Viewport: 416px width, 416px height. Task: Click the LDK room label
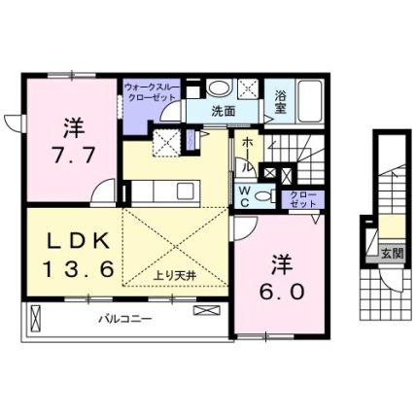(x=78, y=241)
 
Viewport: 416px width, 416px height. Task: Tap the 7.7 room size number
(x=74, y=155)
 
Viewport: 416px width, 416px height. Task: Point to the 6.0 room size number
(x=282, y=292)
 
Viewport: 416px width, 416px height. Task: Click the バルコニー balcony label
(x=125, y=319)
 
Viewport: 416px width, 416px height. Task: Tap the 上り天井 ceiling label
(x=175, y=276)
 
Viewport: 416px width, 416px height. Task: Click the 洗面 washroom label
(x=224, y=111)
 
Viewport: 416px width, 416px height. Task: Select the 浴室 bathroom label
(x=281, y=101)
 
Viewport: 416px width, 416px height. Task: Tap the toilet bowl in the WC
(x=263, y=196)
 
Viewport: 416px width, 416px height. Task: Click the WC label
(x=245, y=196)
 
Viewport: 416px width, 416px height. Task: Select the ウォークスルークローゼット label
(x=152, y=92)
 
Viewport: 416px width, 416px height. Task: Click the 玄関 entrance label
(x=393, y=253)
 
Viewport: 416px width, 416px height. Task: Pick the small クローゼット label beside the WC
(x=303, y=199)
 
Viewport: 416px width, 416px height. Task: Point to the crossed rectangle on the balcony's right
(x=207, y=310)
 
